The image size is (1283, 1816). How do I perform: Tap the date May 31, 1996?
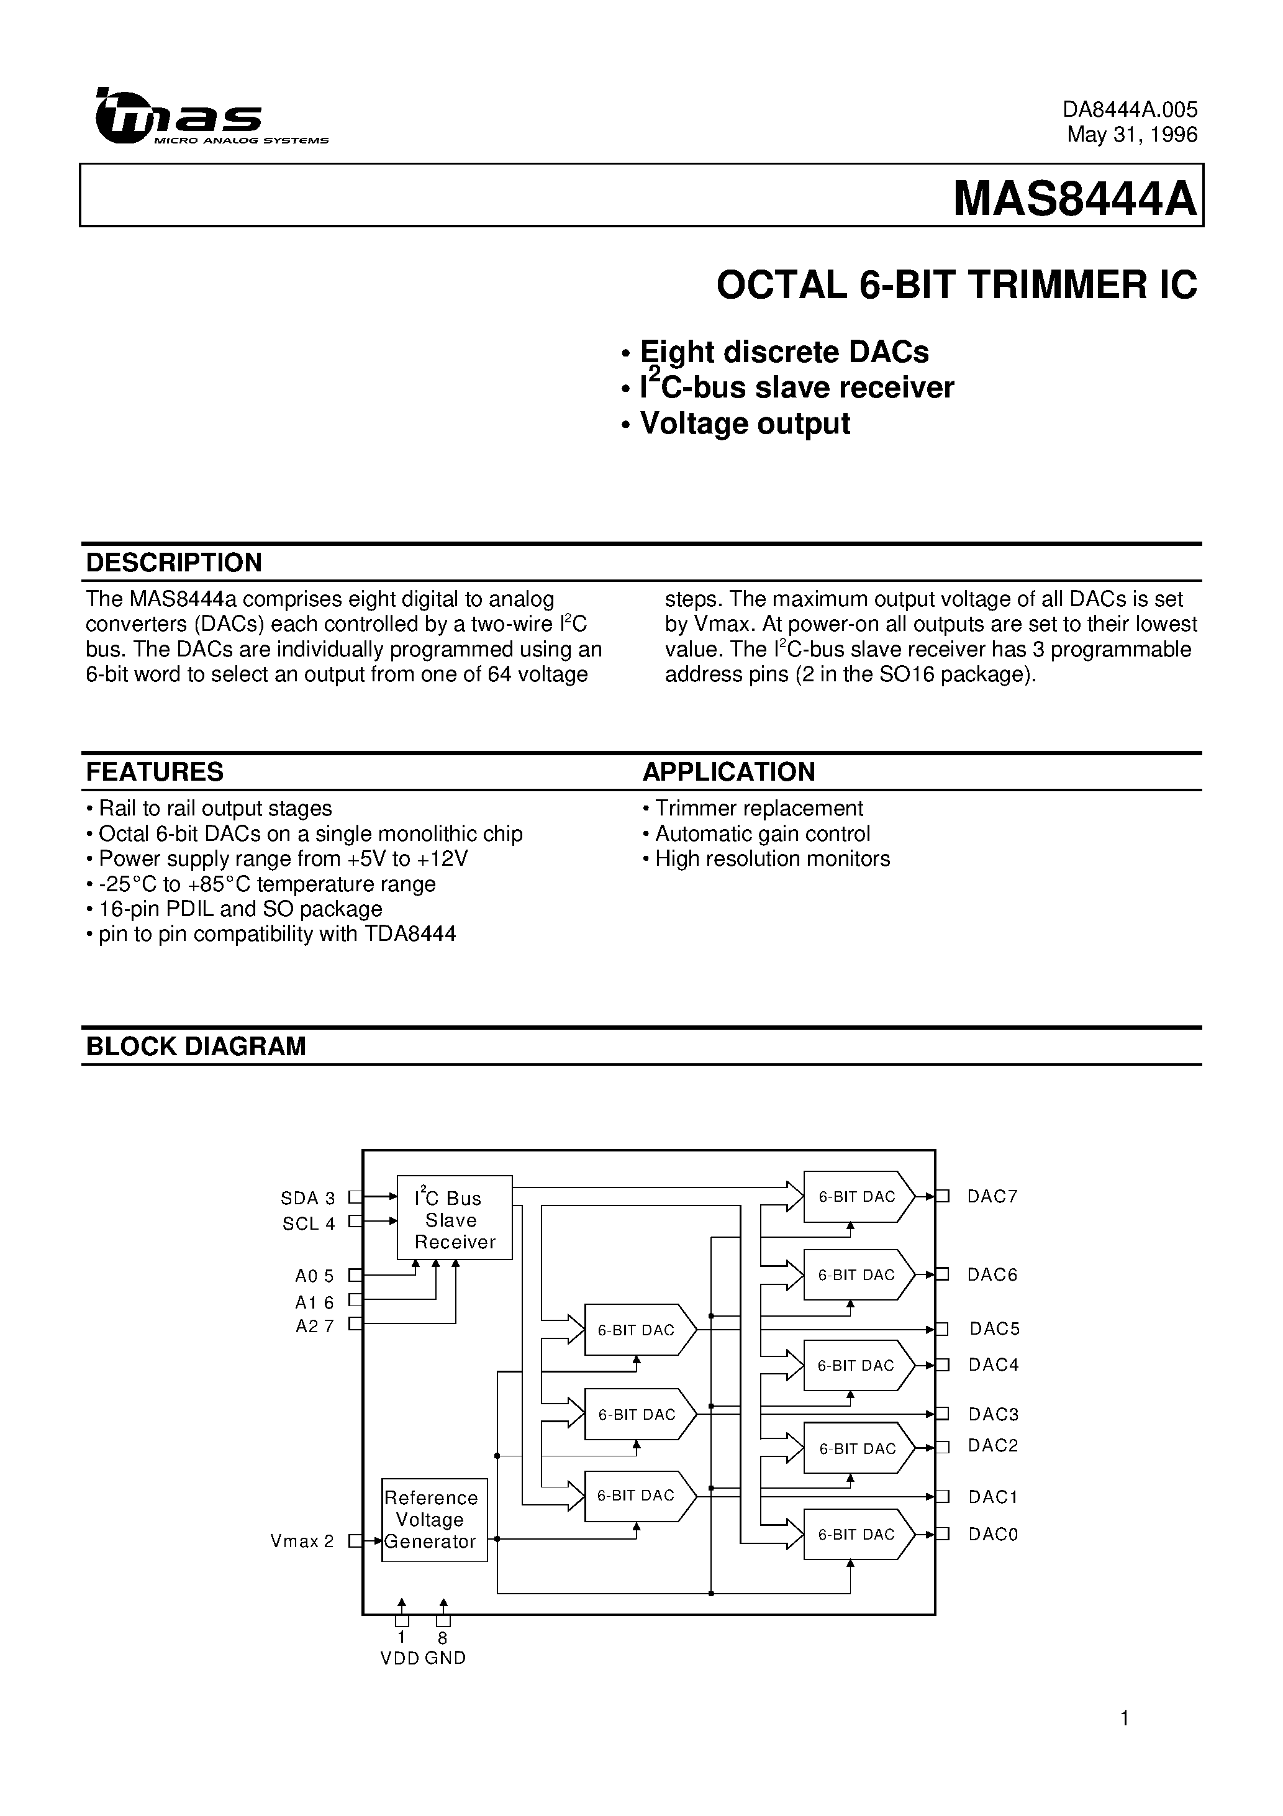pos(1132,134)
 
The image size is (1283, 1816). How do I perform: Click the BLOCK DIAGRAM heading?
pos(196,1046)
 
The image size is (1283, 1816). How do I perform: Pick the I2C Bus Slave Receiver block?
pos(454,1220)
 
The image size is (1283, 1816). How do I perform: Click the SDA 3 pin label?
pos(307,1198)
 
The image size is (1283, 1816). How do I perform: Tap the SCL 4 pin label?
pos(309,1224)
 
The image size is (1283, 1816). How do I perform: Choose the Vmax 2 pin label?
pos(302,1541)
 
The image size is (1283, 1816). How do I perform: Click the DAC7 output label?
pos(992,1197)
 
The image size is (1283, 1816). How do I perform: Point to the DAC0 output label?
pos(993,1535)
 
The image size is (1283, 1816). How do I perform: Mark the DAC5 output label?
pos(994,1329)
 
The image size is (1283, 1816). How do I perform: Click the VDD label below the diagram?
pos(399,1659)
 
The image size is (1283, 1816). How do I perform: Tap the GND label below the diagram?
pos(445,1659)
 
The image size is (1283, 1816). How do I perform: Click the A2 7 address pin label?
pos(315,1327)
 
